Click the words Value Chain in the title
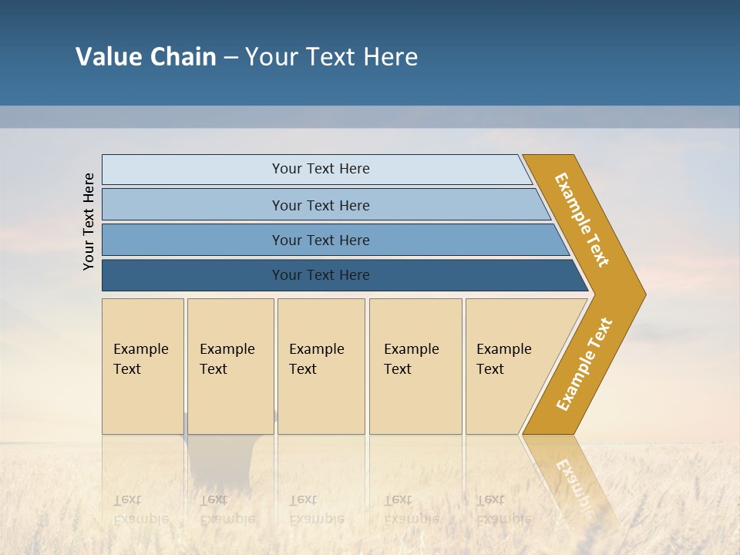pos(146,57)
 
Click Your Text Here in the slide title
pos(331,57)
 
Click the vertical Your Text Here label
pos(89,222)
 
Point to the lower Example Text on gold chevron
pos(584,364)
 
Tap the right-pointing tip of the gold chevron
pos(640,294)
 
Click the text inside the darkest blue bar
pos(321,275)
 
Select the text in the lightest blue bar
pos(321,169)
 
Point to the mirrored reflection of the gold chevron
pos(574,478)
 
